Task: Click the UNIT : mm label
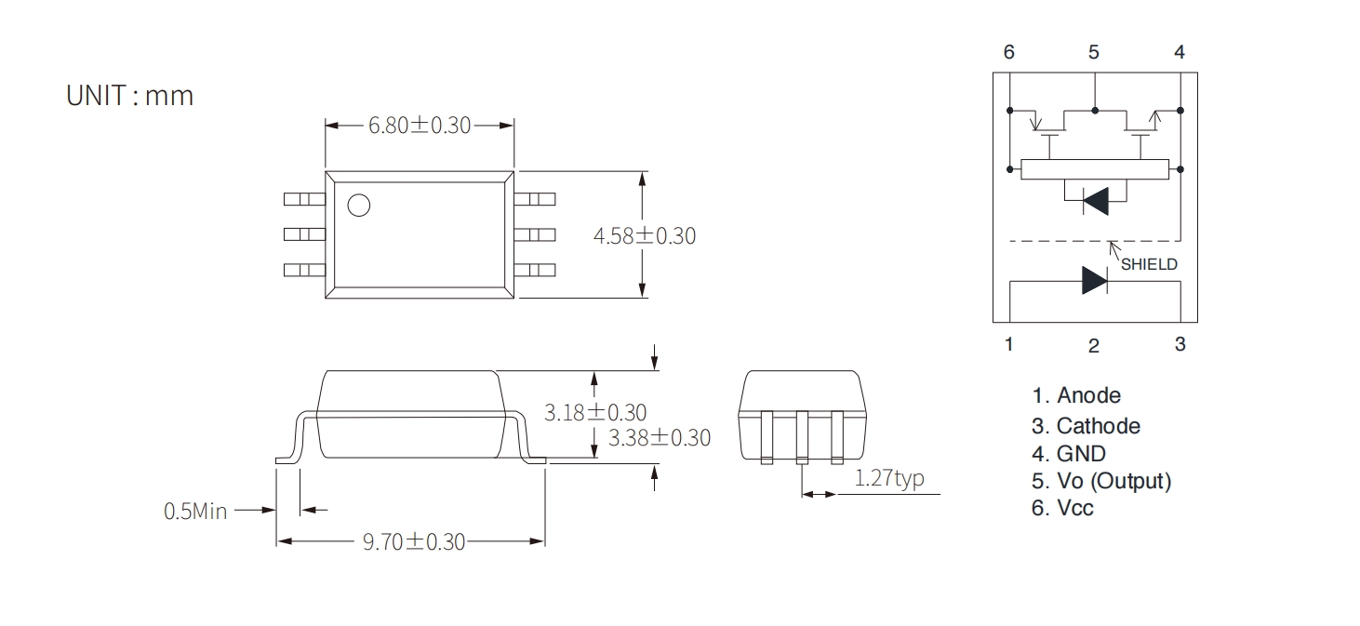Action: tap(130, 96)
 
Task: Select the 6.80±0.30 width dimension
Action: tap(420, 125)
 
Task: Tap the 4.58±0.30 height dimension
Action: tap(644, 235)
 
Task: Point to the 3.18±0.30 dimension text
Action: tap(595, 413)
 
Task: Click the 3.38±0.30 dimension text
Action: tap(660, 438)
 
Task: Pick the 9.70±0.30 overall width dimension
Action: tap(414, 541)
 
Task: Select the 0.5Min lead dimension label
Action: tap(195, 512)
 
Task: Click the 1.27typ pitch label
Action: tap(889, 478)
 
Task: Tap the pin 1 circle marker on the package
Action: tap(359, 206)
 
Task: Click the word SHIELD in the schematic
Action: tap(1149, 265)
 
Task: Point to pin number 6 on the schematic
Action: tap(1009, 52)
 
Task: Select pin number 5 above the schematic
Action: tap(1093, 52)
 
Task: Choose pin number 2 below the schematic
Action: tap(1093, 345)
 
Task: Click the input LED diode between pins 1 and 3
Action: tap(1095, 281)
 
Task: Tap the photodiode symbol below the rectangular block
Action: tap(1096, 201)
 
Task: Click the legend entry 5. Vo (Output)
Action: tap(1101, 481)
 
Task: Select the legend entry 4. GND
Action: tap(1069, 454)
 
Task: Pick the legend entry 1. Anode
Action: tap(1076, 395)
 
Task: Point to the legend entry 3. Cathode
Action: tap(1087, 426)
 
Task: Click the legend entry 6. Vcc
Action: tap(1062, 508)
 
